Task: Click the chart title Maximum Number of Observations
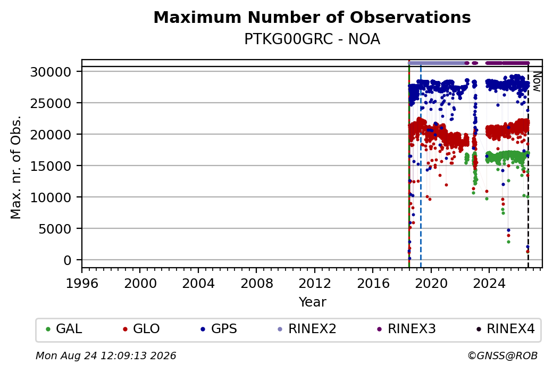click(312, 17)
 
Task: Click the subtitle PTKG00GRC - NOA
click(312, 39)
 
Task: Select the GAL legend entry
click(64, 329)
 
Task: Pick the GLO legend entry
click(141, 329)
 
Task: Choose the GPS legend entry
click(219, 329)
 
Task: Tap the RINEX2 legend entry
click(307, 329)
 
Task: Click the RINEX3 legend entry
click(406, 329)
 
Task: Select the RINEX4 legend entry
click(505, 329)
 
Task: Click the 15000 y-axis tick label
click(51, 166)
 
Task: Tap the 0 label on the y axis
click(68, 260)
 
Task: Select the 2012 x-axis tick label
click(315, 283)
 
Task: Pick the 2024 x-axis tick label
click(489, 283)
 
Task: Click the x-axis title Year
click(313, 302)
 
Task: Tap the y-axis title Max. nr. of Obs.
click(16, 167)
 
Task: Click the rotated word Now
click(537, 81)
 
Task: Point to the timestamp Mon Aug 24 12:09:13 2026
click(106, 356)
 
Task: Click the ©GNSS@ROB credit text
click(502, 356)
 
